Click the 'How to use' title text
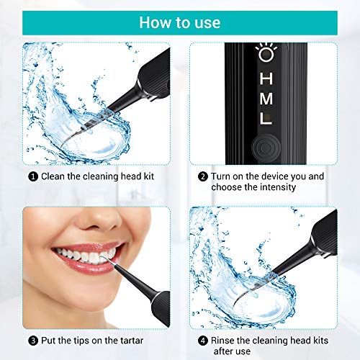coord(179,22)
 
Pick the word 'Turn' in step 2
coord(222,175)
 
